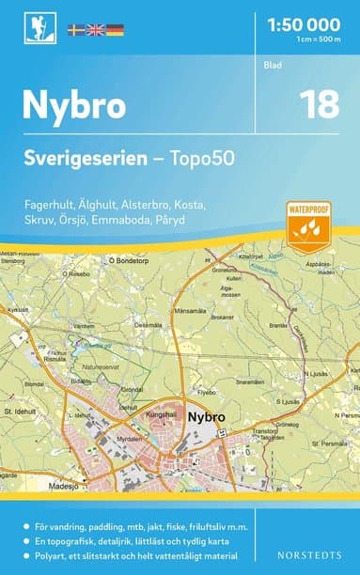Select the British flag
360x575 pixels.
click(x=96, y=31)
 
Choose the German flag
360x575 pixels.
click(x=115, y=31)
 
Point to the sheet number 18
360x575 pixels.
click(x=320, y=104)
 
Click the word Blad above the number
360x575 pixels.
click(x=273, y=66)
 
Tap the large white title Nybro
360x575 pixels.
click(x=74, y=105)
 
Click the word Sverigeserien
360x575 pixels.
click(x=82, y=159)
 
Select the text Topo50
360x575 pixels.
click(x=201, y=159)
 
